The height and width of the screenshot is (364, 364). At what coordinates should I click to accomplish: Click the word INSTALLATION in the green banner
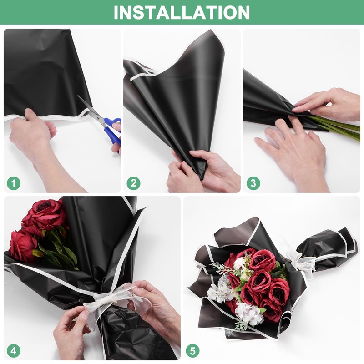point(182,12)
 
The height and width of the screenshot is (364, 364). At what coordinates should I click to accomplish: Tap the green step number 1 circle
point(14,183)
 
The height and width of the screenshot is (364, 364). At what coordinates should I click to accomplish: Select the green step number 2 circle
point(133,183)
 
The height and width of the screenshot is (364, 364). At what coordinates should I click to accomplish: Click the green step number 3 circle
point(253,183)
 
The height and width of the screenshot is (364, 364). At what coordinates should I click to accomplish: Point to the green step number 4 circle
point(14,351)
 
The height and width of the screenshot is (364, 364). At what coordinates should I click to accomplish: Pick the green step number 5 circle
point(193,351)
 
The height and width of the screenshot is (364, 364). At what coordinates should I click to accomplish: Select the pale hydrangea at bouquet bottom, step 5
point(248,314)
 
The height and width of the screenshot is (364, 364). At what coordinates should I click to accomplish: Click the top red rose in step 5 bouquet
point(262,260)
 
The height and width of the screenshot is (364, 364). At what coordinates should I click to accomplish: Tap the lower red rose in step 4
point(23,246)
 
